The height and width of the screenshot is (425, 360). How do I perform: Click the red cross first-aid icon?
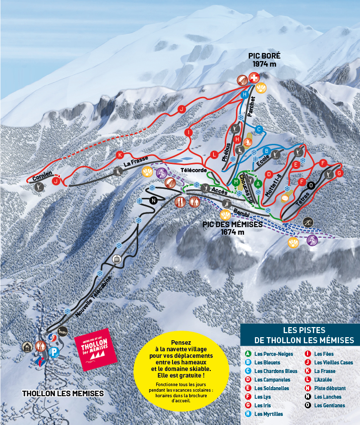(255, 78)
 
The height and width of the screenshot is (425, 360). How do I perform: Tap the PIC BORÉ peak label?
(264, 60)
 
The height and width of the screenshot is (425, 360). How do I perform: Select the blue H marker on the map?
(245, 94)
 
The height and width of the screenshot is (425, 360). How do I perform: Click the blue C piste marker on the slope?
(259, 130)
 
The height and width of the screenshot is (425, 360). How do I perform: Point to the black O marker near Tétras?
(311, 185)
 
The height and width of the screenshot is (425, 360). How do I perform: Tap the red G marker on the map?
(339, 173)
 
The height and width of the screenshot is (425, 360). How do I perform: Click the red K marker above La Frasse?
(119, 154)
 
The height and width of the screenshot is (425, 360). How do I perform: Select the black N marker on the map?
(153, 200)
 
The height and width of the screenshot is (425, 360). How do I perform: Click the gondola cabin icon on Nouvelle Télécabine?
(116, 260)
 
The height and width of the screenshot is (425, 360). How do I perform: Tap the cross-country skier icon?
(308, 222)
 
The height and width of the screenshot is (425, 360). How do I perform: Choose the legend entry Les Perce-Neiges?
(273, 354)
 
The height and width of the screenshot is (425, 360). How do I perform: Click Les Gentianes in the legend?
(329, 405)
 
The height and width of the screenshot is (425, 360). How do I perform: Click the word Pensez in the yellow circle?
(181, 342)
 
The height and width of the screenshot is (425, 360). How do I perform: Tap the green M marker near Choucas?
(235, 182)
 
